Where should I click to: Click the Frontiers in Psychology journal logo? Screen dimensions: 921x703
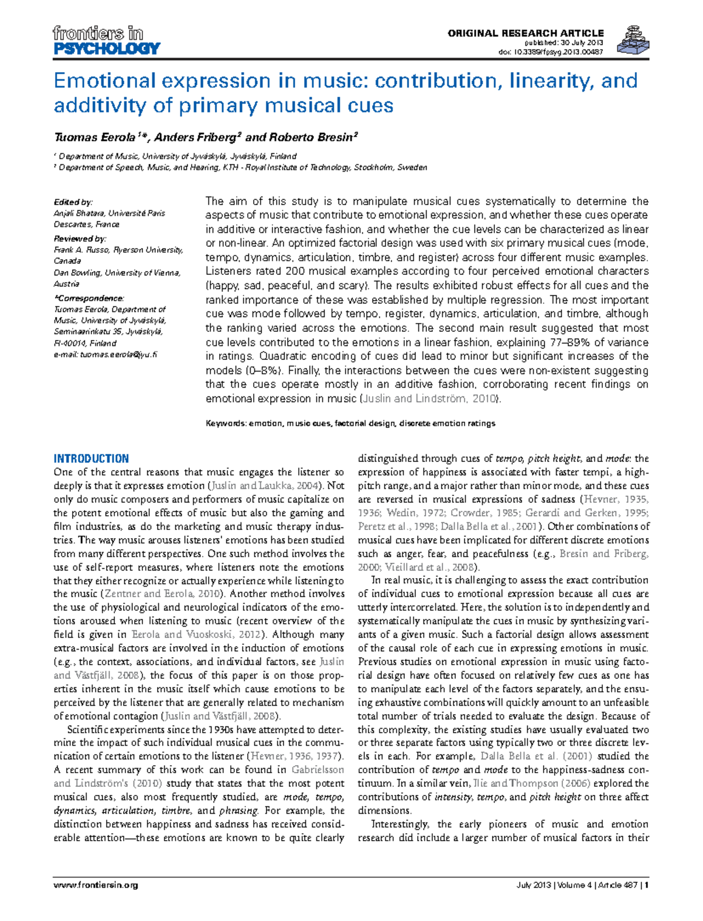click(106, 40)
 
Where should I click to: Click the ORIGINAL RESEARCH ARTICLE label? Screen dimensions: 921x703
click(525, 33)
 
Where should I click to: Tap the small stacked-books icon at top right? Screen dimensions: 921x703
click(633, 40)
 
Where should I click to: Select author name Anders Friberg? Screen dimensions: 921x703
click(196, 137)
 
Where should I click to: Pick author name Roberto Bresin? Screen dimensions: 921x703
click(313, 137)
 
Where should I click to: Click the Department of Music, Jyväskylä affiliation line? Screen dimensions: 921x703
click(176, 156)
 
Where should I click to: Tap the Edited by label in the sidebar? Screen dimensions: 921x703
click(73, 202)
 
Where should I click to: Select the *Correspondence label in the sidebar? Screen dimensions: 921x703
click(88, 298)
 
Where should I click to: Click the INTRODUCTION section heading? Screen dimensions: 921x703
click(91, 458)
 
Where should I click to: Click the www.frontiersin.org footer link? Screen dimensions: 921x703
click(95, 885)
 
